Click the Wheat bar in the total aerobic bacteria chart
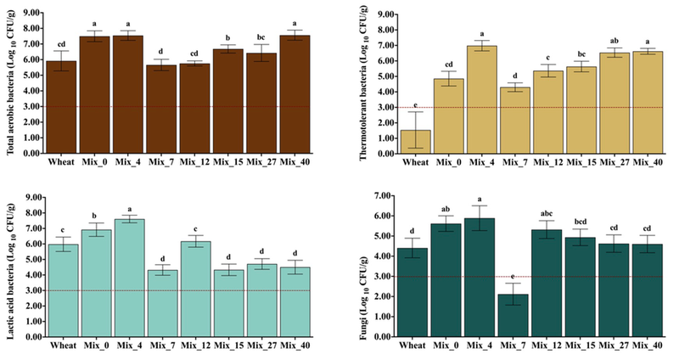tap(61, 107)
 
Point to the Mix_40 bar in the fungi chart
tap(647, 290)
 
